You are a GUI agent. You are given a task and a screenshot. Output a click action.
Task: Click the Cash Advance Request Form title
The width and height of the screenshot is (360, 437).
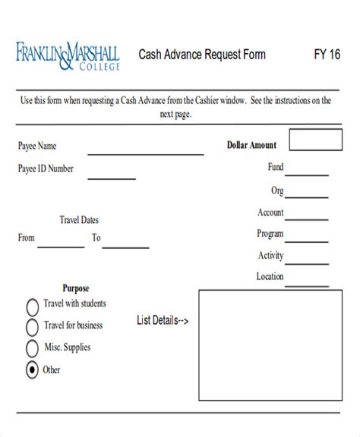pos(202,55)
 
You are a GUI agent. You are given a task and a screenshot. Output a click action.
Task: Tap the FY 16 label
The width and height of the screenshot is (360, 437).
pos(327,55)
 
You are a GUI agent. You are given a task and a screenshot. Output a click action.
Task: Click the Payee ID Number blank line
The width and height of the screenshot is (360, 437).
pos(111,178)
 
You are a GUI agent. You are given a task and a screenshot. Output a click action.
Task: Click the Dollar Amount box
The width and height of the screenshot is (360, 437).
pos(308,142)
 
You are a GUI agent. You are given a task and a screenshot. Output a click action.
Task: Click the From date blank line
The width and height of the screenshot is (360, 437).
pos(62,247)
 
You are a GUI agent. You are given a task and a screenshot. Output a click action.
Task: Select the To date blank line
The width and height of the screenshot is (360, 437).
pos(126,247)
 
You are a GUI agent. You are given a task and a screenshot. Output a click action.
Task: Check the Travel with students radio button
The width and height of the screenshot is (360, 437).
pos(33,307)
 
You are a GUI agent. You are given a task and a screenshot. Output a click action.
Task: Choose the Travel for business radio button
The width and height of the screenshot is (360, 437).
pos(33,327)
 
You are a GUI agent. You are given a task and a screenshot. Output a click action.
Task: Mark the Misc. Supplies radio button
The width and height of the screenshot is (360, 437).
pos(33,348)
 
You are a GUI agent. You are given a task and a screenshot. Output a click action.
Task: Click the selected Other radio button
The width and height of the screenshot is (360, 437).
pos(33,370)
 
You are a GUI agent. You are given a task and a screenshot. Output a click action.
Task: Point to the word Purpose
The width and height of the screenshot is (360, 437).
pos(76,288)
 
